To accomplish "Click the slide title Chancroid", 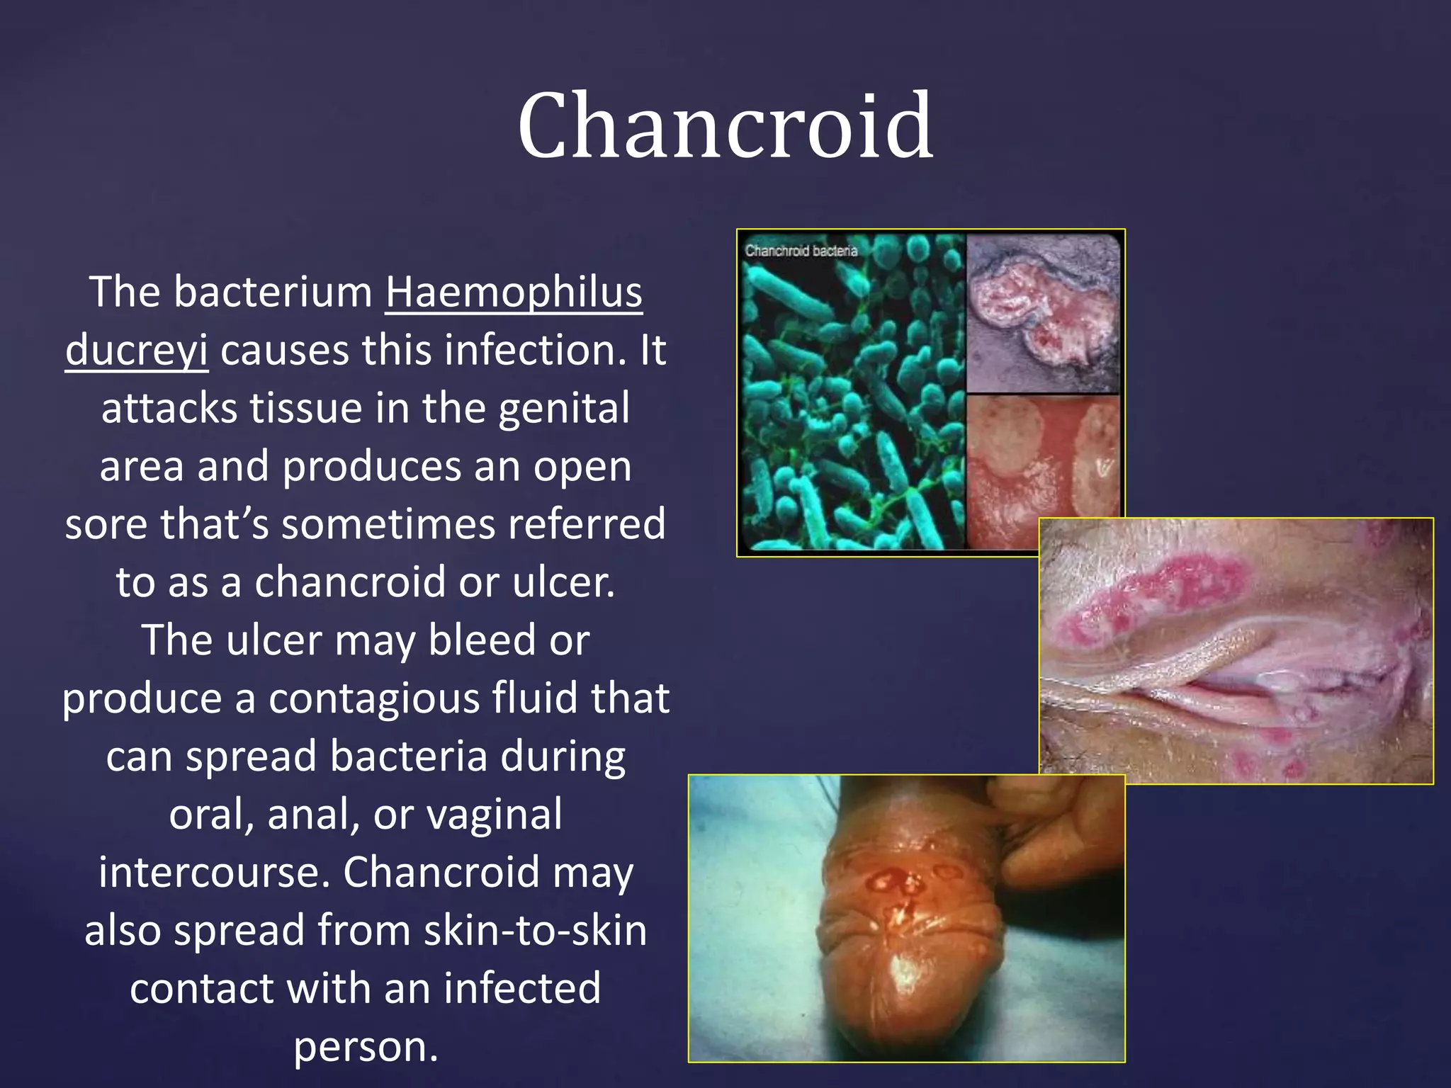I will pos(725,125).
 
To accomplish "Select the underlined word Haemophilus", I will pos(514,292).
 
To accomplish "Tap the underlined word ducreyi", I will pos(137,350).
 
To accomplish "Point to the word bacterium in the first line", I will pos(273,292).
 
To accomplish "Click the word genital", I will pos(564,409).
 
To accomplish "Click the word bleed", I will pos(482,640).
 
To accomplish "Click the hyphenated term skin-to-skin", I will pos(535,931).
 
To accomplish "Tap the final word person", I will pos(366,1047).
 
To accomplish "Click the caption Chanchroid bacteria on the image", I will pos(801,251).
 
